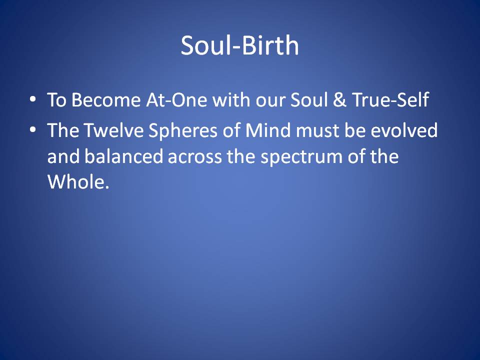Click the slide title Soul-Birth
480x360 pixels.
coord(239,45)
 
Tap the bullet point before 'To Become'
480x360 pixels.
coord(33,99)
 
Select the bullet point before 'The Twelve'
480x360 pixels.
coord(33,129)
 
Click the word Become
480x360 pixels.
coord(106,100)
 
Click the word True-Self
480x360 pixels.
coord(390,100)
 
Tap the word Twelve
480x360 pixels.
coord(114,130)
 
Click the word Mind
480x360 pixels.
coord(268,130)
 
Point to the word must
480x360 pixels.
coord(317,130)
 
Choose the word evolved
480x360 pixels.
coord(404,130)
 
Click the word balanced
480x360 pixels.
coord(123,156)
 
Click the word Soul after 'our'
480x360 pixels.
coord(309,100)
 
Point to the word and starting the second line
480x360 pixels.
coord(63,156)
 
